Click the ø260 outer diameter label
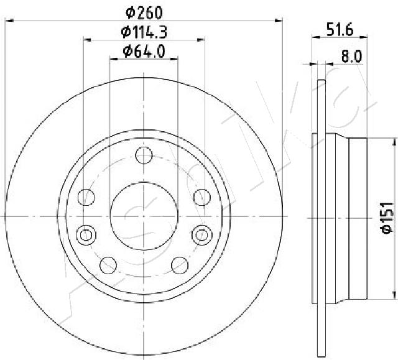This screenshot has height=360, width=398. click(x=144, y=11)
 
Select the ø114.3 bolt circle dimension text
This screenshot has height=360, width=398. click(x=144, y=32)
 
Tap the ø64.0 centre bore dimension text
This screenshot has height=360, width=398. click(x=144, y=52)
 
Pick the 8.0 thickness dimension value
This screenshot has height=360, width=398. click(x=351, y=56)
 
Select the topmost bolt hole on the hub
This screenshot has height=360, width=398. click(x=144, y=155)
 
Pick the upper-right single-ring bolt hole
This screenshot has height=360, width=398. click(x=201, y=197)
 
